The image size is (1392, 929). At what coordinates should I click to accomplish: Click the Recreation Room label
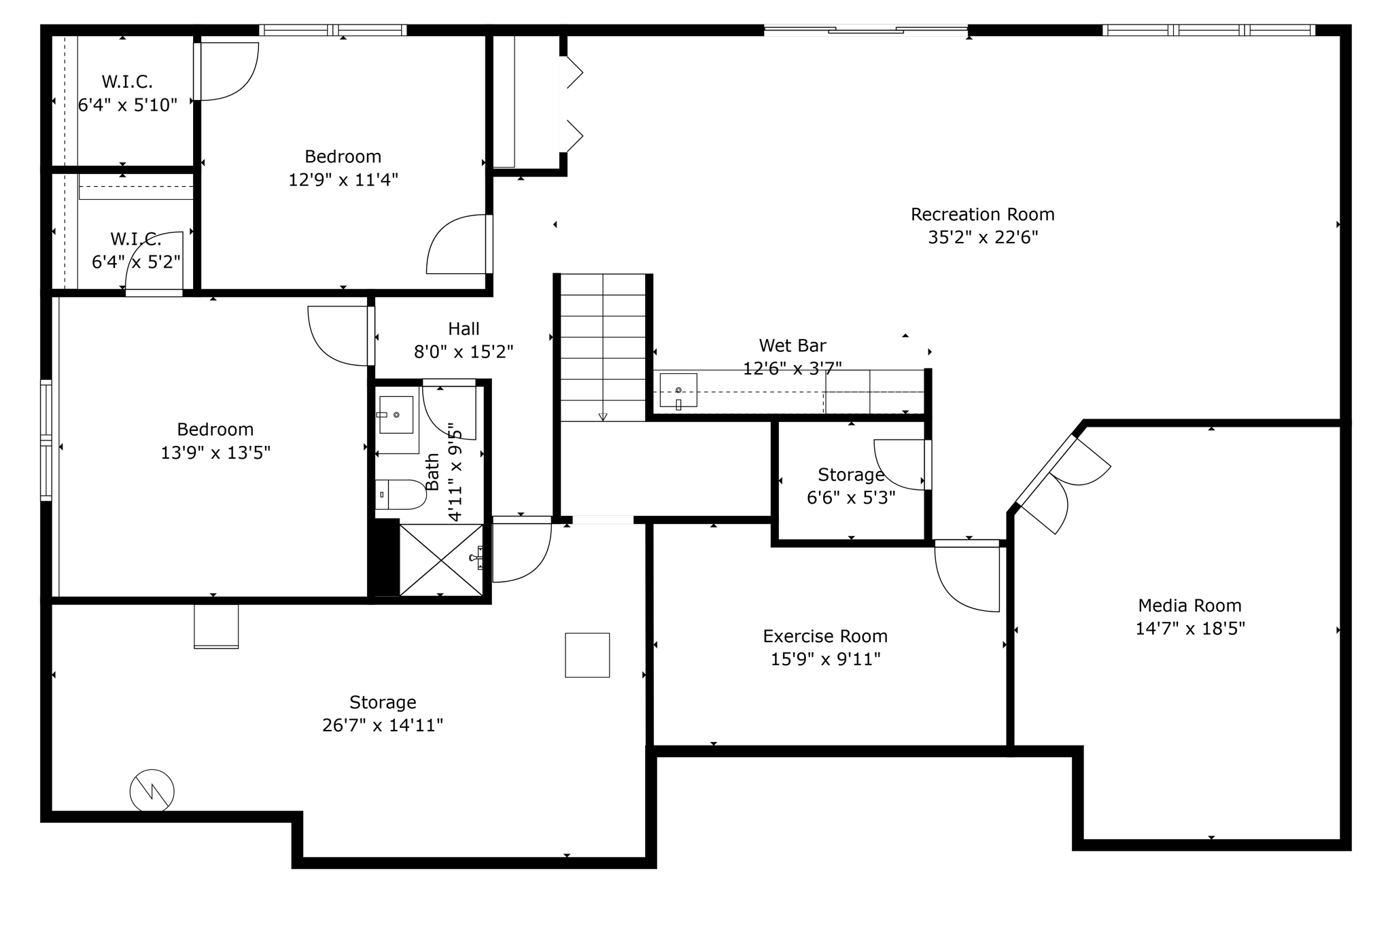pyautogui.click(x=983, y=215)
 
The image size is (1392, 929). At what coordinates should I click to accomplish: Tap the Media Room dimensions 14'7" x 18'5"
pyautogui.click(x=1190, y=629)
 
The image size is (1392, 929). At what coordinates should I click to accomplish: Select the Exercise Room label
pyautogui.click(x=825, y=636)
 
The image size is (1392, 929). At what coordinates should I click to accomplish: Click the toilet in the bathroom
pyautogui.click(x=400, y=494)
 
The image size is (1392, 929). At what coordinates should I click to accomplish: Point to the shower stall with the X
pyautogui.click(x=441, y=560)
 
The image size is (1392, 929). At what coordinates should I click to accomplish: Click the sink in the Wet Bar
pyautogui.click(x=678, y=391)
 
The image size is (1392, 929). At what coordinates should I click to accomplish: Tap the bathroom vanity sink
pyautogui.click(x=396, y=415)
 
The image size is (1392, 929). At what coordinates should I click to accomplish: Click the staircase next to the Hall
pyautogui.click(x=602, y=347)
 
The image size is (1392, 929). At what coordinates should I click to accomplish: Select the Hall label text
pyautogui.click(x=464, y=329)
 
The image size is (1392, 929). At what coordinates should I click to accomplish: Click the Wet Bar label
pyautogui.click(x=793, y=345)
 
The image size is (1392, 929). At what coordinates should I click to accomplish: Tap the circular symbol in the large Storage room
pyautogui.click(x=152, y=791)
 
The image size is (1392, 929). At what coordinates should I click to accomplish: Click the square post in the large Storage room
pyautogui.click(x=587, y=655)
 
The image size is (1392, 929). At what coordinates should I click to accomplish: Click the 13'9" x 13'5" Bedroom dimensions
pyautogui.click(x=215, y=453)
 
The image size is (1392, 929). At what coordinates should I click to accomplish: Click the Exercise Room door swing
pyautogui.click(x=967, y=576)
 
